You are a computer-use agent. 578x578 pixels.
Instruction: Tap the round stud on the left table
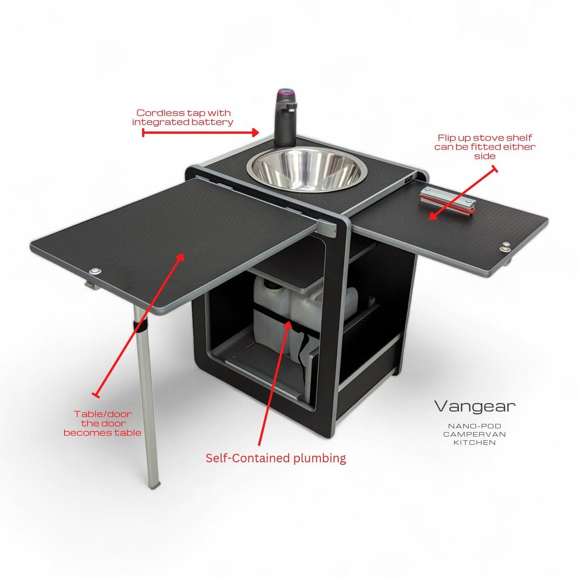pyautogui.click(x=96, y=272)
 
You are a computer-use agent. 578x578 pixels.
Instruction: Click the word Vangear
pyautogui.click(x=475, y=407)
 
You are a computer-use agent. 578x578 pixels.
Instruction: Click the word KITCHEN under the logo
pyautogui.click(x=474, y=443)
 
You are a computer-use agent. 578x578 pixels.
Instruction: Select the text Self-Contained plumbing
pyautogui.click(x=276, y=458)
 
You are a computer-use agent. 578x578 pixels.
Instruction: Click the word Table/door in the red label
pyautogui.click(x=103, y=414)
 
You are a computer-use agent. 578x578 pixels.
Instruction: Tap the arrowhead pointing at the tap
pyautogui.click(x=255, y=133)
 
